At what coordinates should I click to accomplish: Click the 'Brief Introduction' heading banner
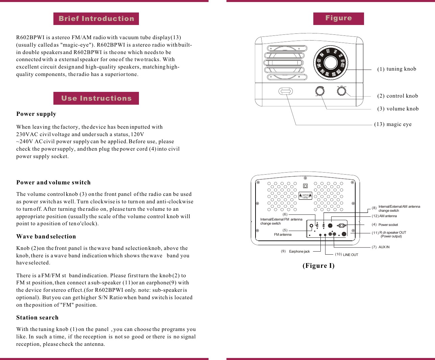point(96,19)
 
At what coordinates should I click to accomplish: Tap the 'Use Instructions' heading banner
point(96,98)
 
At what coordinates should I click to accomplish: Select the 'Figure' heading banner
point(338,18)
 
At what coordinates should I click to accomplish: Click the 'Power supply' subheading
point(36,114)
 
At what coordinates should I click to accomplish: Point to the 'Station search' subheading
point(37,317)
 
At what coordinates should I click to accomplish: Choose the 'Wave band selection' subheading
point(46,236)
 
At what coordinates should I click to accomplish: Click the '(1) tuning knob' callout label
point(396,69)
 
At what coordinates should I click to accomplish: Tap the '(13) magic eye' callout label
point(393,124)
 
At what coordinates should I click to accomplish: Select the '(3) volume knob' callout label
point(398,109)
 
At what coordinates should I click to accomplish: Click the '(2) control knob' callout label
point(397,96)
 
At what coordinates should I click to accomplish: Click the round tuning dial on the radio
point(330,62)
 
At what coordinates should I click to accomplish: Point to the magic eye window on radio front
point(286,91)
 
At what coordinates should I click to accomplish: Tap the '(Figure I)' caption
point(318,265)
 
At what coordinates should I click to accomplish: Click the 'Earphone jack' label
point(299,252)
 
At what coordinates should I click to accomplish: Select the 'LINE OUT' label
point(350,255)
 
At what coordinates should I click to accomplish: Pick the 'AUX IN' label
point(384,247)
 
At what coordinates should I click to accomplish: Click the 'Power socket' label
point(388,225)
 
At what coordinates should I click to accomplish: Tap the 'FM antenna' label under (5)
point(283,235)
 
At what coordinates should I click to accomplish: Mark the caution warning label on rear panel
point(305,196)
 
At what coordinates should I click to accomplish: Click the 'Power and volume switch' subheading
point(53,182)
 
